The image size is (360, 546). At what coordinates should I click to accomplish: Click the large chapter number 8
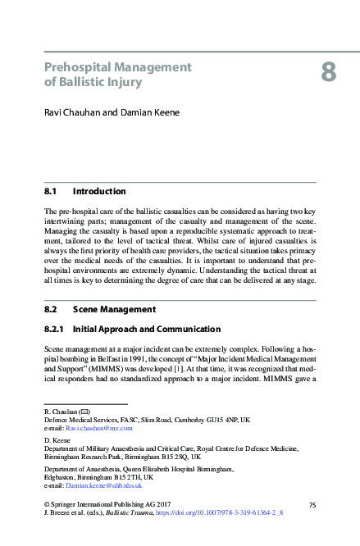(328, 73)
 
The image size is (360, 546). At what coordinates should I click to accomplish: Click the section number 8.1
(53, 191)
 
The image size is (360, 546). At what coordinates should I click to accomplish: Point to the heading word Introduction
(99, 191)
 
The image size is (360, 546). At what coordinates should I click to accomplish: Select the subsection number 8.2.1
(57, 329)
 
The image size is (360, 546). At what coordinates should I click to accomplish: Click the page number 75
(312, 503)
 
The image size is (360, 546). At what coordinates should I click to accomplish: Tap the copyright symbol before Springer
(47, 503)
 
